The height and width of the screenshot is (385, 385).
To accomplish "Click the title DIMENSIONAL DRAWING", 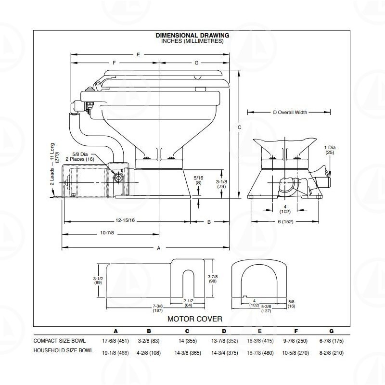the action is coord(192,35).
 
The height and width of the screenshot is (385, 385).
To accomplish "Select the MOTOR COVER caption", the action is coord(195,319).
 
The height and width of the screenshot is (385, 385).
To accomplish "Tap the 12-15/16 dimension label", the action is coord(125,220).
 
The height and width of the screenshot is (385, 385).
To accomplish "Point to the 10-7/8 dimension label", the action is coord(107,233).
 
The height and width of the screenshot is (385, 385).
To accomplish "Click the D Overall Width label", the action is coord(290,113).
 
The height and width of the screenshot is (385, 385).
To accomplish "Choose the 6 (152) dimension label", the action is coord(285,222).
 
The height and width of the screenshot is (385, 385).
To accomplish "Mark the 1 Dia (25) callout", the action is coord(330,150).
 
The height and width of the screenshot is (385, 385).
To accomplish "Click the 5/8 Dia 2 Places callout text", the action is coord(80,157).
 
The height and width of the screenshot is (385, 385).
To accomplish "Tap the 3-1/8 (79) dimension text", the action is coord(221,184).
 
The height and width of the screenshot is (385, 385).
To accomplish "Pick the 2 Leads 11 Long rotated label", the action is coord(54,164).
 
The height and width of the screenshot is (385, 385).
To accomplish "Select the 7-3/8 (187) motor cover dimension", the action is coord(158,308).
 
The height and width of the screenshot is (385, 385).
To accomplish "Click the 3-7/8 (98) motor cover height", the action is coord(213,279).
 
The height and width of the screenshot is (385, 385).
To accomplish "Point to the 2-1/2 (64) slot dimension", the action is coord(188,303).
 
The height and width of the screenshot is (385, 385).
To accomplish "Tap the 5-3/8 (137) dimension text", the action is coord(266,308).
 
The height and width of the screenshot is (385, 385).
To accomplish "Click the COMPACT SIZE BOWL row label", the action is coord(59,341).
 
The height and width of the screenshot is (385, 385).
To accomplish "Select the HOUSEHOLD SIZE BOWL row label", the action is coord(63,350).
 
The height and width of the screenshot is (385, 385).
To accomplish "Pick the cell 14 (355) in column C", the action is coord(188,341).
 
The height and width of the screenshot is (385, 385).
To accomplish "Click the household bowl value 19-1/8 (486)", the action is coord(115,353).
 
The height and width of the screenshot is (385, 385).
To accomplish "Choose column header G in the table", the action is coord(332,331).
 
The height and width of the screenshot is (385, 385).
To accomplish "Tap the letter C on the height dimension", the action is coord(239,127).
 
